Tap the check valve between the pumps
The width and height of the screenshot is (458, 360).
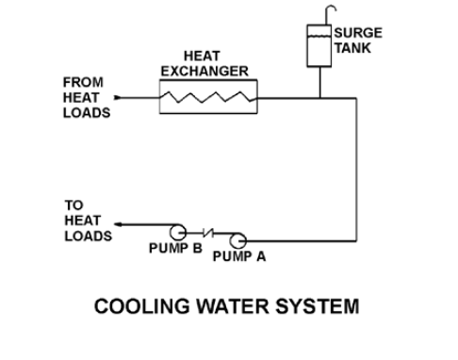pos(208,233)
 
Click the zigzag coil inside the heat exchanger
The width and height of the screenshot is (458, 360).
pos(208,97)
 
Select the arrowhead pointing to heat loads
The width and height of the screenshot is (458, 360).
pos(118,224)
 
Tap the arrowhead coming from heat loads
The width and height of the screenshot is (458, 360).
pos(118,98)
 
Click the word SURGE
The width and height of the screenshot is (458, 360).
pos(358,33)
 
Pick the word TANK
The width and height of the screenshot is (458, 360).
pos(352,48)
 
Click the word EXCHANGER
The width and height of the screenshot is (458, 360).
pos(204,72)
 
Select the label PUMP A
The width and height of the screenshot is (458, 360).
pos(239,256)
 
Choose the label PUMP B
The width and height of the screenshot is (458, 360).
pos(175,248)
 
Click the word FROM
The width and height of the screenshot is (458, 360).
pos(83,82)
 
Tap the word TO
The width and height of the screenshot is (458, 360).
pos(74,205)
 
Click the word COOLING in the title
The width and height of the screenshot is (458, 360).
pos(142,306)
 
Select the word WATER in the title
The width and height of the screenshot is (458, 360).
pos(233,306)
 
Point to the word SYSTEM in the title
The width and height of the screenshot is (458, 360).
pos(318,306)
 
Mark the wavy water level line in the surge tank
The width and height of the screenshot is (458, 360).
pos(319,37)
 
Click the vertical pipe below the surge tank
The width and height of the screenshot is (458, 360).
pos(320,82)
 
